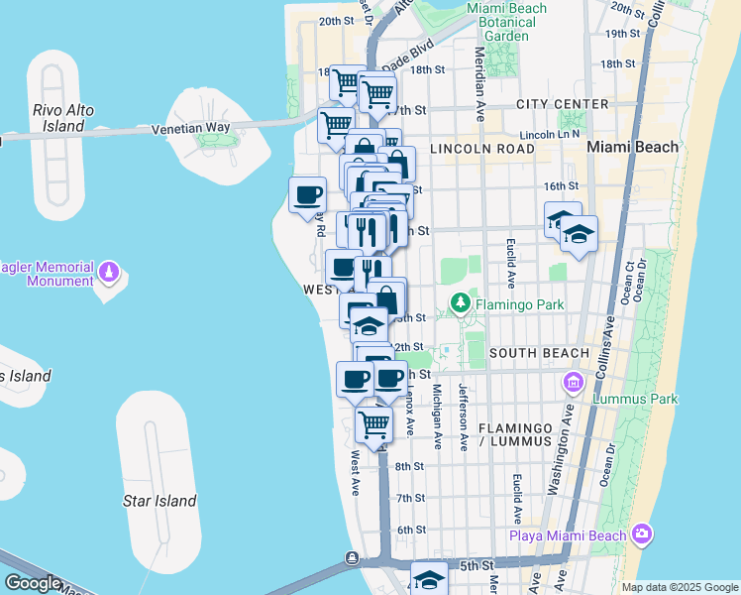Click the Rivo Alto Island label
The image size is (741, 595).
[63, 118]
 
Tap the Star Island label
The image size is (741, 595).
[159, 501]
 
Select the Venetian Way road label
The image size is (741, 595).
[190, 128]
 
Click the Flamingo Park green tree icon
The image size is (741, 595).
[460, 302]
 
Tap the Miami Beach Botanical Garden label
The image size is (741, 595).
[506, 22]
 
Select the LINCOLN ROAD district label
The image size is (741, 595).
[481, 149]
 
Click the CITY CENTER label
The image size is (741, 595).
[562, 104]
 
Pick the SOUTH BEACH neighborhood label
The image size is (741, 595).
[539, 353]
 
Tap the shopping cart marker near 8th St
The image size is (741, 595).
[373, 425]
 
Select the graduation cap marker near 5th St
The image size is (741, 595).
[429, 579]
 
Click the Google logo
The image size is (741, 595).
[33, 583]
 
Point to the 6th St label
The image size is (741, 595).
[411, 530]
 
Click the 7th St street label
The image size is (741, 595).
[410, 498]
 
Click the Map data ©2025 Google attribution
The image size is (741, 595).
[679, 587]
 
